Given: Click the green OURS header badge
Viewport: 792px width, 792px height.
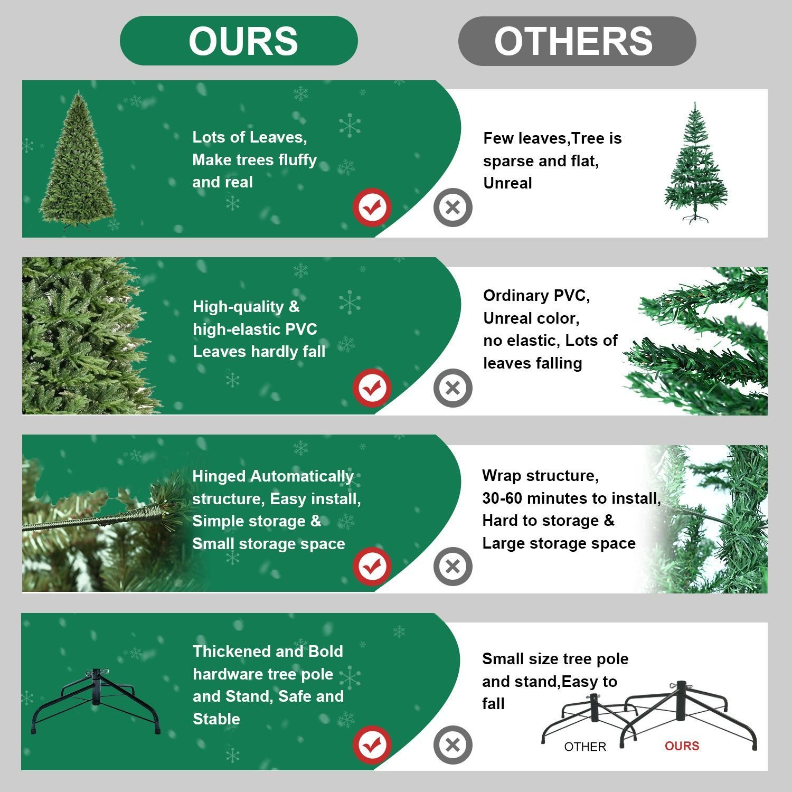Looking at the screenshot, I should [239, 41].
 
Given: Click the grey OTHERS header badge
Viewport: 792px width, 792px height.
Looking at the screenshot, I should [577, 41].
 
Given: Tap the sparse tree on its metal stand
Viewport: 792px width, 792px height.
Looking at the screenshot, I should [695, 164].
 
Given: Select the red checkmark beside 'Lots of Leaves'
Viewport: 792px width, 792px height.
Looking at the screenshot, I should [372, 207].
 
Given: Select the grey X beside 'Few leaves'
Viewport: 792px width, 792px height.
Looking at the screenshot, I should [452, 207].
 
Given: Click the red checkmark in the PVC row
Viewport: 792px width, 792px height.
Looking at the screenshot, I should [372, 388].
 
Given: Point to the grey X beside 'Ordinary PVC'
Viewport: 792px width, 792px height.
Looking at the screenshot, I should [452, 388].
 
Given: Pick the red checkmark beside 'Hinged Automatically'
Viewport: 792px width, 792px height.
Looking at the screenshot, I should [372, 567].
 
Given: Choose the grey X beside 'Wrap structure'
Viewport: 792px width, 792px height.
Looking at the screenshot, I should [452, 567].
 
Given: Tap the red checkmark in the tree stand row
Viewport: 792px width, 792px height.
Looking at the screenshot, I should [372, 745].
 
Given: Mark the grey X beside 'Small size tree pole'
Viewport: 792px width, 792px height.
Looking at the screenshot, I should [452, 745].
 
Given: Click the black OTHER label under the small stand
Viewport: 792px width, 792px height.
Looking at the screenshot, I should [585, 747].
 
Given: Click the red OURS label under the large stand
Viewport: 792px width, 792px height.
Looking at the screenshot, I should [682, 746].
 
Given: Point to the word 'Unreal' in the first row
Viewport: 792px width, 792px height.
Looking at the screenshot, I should [507, 183].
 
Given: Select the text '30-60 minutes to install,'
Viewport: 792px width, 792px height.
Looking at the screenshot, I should [571, 498].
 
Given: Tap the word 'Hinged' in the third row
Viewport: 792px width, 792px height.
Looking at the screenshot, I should [219, 476].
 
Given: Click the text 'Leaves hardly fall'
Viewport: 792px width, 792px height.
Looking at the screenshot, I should [259, 352].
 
